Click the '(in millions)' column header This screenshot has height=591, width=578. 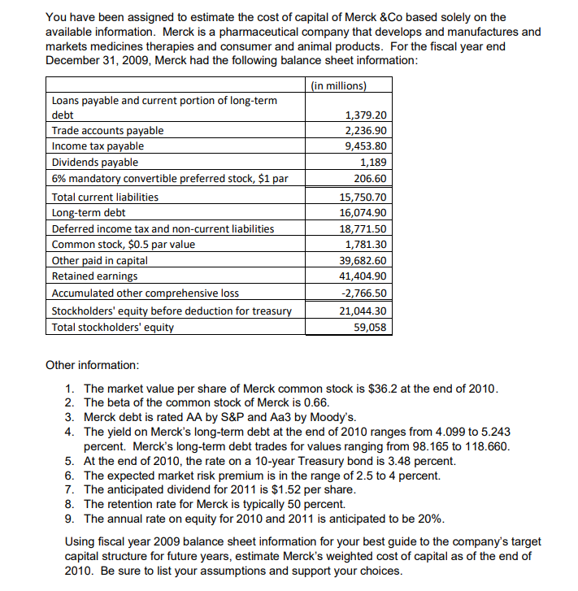[x=339, y=85]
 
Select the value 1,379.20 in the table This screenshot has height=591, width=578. [x=367, y=115]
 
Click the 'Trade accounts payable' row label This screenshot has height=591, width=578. [x=107, y=130]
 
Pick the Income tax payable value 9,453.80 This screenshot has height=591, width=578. [x=367, y=146]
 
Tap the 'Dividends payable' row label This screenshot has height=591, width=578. [x=95, y=162]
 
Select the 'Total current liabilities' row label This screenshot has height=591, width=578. [x=105, y=197]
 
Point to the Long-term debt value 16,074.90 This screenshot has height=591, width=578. [x=364, y=212]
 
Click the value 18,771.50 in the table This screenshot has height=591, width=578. [x=364, y=228]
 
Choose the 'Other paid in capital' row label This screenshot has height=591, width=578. [x=100, y=261]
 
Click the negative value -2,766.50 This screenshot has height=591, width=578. [x=366, y=293]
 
